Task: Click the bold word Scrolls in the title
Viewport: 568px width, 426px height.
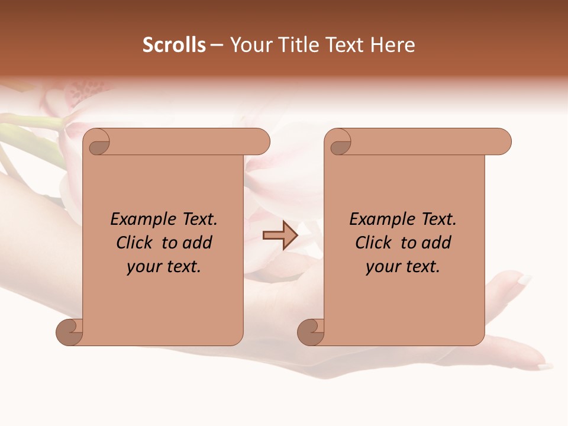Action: [x=174, y=45]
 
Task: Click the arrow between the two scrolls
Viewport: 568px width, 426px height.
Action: [x=280, y=235]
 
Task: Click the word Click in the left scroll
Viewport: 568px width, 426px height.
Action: [x=135, y=243]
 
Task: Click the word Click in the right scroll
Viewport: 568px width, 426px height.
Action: [x=374, y=243]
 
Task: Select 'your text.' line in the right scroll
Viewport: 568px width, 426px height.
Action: [x=403, y=266]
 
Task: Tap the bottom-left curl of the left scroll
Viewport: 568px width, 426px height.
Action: [x=70, y=332]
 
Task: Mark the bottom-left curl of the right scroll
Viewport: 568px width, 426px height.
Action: [x=311, y=332]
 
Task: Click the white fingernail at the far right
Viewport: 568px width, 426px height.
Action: [x=524, y=279]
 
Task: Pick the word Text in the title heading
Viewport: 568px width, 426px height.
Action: [x=346, y=45]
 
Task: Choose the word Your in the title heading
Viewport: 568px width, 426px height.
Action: [x=250, y=45]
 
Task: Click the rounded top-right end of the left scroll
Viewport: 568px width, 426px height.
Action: [x=261, y=141]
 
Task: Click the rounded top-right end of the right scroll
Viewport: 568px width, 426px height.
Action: [x=502, y=141]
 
